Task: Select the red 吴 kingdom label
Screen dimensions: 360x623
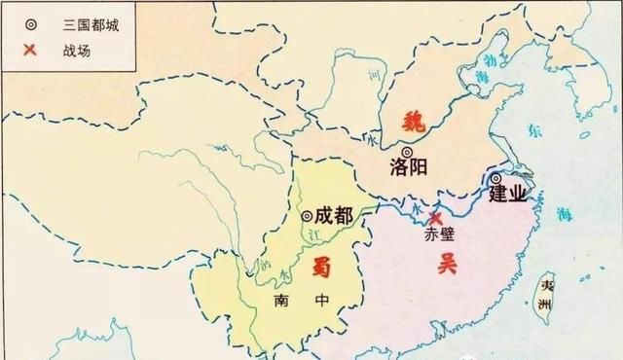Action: (447, 263)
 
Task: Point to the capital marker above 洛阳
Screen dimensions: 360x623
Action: (407, 151)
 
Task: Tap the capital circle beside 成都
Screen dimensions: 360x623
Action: (307, 216)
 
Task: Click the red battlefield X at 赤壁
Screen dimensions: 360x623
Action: (436, 218)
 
